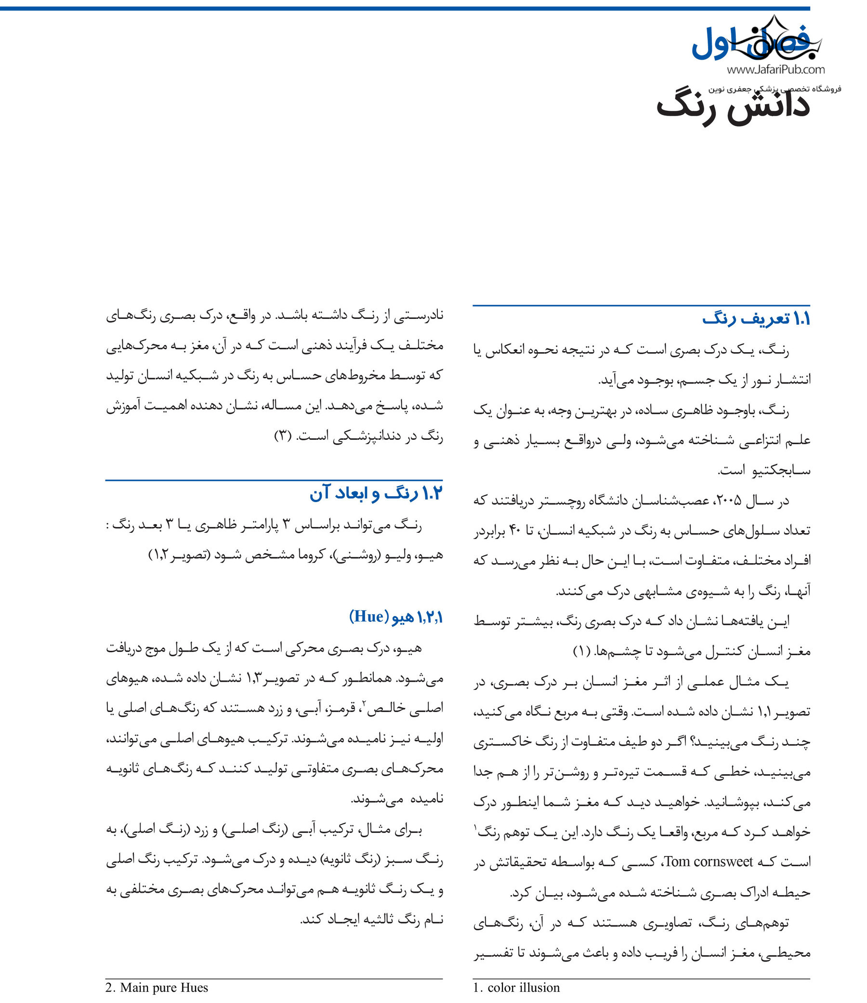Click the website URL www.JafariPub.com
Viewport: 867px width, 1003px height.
tap(775, 70)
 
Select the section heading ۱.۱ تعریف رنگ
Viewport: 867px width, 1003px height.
tap(756, 319)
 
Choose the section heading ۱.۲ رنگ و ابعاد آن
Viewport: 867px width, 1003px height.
tap(376, 493)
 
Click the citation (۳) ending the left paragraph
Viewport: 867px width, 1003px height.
tap(282, 436)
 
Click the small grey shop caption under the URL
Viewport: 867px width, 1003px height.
tap(775, 89)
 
